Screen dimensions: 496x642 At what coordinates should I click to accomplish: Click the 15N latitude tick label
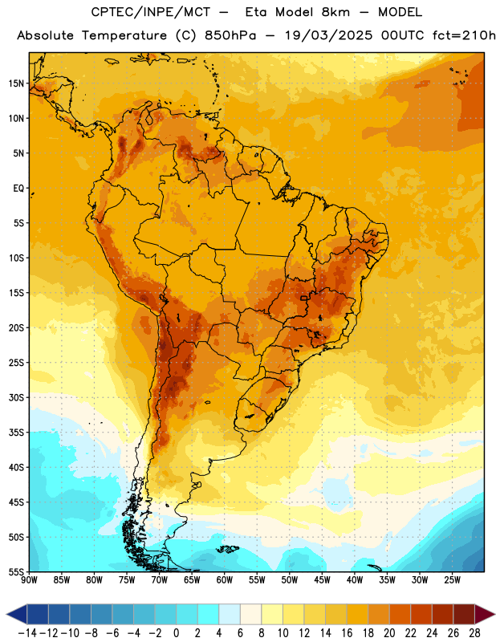coord(16,83)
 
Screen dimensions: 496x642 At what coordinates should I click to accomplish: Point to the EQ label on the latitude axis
coord(18,189)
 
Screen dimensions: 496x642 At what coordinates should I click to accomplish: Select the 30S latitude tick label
coord(16,397)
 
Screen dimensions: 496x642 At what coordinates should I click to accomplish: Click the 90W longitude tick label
coord(29,580)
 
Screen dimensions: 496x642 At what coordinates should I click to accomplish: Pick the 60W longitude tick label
coord(225,580)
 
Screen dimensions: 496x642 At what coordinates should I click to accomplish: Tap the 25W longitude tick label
coord(452,580)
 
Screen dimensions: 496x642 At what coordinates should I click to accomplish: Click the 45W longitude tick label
coord(322,580)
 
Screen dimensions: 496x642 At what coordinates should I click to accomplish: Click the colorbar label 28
coord(474,633)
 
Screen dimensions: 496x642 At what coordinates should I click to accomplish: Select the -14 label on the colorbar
coord(27,633)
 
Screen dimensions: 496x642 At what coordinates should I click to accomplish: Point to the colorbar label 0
coord(176,633)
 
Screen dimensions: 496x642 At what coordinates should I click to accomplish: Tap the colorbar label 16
coord(347,633)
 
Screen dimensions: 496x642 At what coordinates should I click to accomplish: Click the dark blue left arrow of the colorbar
coord(17,614)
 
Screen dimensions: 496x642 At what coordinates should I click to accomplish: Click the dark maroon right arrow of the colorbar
coord(485,614)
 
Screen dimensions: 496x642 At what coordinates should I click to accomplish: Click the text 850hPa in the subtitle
coord(230,35)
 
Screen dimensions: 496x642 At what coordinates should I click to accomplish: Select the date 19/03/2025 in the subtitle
coord(329,35)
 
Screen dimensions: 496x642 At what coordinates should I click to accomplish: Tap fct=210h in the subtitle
coord(464,35)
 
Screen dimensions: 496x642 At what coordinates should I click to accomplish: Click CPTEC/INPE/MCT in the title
coord(150,12)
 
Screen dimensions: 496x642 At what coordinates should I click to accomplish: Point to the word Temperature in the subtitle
coord(124,35)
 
